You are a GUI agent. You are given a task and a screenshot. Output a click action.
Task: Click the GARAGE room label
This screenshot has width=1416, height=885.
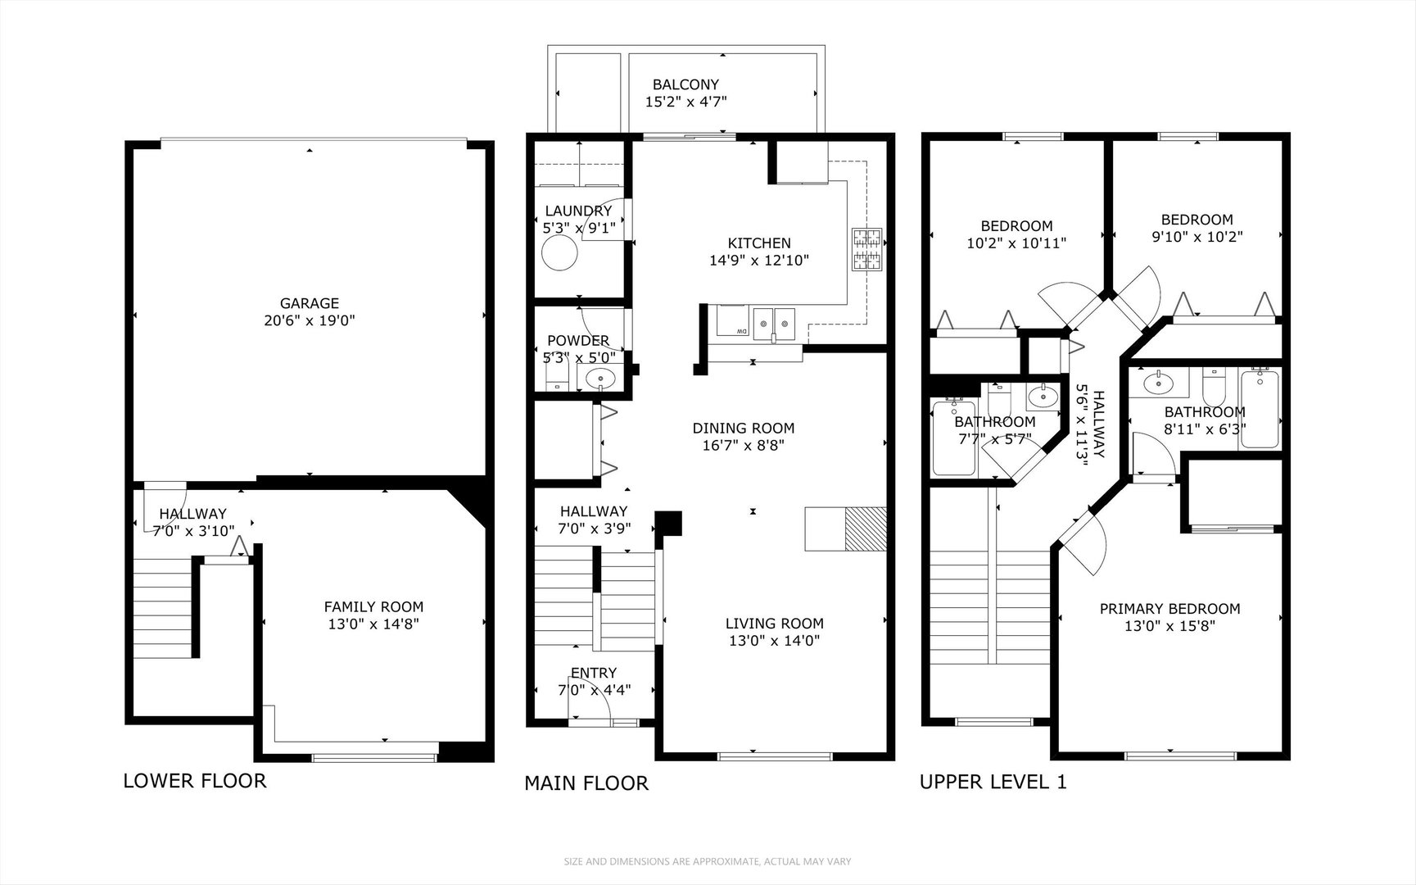point(309,303)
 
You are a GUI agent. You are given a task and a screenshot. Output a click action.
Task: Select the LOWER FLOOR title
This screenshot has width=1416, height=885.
point(195,780)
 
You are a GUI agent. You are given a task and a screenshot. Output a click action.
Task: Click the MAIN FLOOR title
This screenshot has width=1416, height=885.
point(586,783)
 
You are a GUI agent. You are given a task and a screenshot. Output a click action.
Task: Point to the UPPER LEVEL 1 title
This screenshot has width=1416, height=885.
point(993,782)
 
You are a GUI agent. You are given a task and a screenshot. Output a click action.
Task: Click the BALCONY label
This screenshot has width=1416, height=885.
point(685,84)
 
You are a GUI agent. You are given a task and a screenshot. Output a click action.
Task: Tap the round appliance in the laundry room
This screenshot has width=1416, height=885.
point(560,255)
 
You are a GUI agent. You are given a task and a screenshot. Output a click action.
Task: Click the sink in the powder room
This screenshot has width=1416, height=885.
point(600,379)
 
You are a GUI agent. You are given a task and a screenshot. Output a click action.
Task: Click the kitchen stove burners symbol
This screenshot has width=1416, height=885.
point(866,250)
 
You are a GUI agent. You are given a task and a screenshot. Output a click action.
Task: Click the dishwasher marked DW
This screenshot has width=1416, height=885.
point(732,321)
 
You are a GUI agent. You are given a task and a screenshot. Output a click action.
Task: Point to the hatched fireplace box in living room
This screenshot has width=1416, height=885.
point(866,529)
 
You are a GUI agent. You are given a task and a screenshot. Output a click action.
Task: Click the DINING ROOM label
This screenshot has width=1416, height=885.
point(743,428)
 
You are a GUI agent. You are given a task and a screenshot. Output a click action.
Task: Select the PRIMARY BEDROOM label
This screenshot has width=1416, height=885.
point(1169,609)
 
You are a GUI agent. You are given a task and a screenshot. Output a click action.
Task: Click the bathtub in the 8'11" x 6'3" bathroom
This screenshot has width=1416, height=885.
point(1259,409)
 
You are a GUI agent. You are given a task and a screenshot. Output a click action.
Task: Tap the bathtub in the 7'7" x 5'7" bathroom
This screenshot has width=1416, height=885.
point(953,438)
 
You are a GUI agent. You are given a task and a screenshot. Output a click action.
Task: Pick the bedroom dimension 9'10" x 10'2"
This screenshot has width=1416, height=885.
point(1196,237)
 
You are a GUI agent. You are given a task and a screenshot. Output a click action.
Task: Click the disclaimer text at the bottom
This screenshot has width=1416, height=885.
point(707,861)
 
